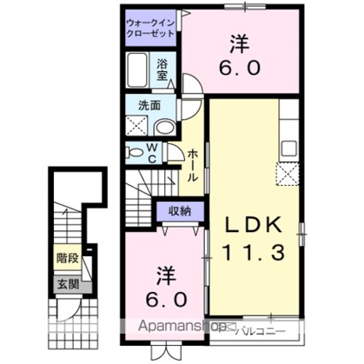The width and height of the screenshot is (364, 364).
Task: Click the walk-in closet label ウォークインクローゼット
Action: click(x=150, y=27)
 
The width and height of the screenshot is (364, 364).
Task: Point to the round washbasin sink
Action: click(x=165, y=128)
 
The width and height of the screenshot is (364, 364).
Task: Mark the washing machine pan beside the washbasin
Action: click(x=137, y=127)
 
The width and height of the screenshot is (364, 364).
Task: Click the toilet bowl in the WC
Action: click(x=134, y=152)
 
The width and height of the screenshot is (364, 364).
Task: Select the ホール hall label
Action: click(x=194, y=164)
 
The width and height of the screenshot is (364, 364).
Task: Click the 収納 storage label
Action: click(x=179, y=211)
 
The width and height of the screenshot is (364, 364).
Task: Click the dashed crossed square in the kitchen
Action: click(x=285, y=176)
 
